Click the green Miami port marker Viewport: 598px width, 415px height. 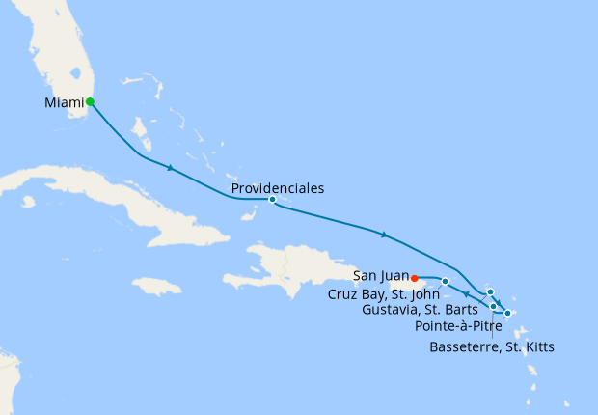[90, 101]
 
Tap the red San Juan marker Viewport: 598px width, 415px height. [414, 280]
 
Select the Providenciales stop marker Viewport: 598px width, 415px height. [272, 200]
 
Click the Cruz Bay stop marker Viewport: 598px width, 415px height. [445, 281]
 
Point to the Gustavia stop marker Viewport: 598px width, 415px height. [490, 291]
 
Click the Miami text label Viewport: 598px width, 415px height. [64, 102]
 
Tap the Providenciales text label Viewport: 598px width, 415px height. [278, 188]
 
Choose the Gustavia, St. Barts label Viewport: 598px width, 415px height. [420, 310]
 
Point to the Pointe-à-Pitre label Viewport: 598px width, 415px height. [458, 326]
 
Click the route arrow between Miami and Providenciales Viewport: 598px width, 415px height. [171, 169]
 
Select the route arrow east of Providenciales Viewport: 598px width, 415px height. [385, 235]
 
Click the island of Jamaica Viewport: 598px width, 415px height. [156, 286]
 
